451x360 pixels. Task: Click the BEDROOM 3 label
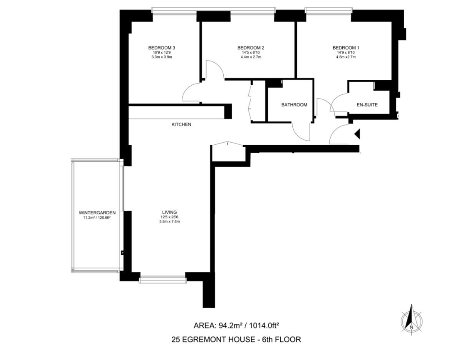click(161, 48)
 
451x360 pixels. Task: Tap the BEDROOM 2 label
click(251, 48)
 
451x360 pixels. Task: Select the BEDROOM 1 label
click(346, 48)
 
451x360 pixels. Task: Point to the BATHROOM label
click(294, 105)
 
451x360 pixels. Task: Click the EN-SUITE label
click(367, 105)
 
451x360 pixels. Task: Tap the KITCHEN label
click(181, 125)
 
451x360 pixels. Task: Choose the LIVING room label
click(170, 212)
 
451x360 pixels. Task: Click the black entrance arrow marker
click(357, 134)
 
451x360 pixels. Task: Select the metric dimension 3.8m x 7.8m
click(170, 222)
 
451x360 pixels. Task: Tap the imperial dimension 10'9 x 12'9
click(161, 53)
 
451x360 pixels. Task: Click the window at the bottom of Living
click(162, 279)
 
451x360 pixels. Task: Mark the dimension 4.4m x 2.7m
click(251, 57)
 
